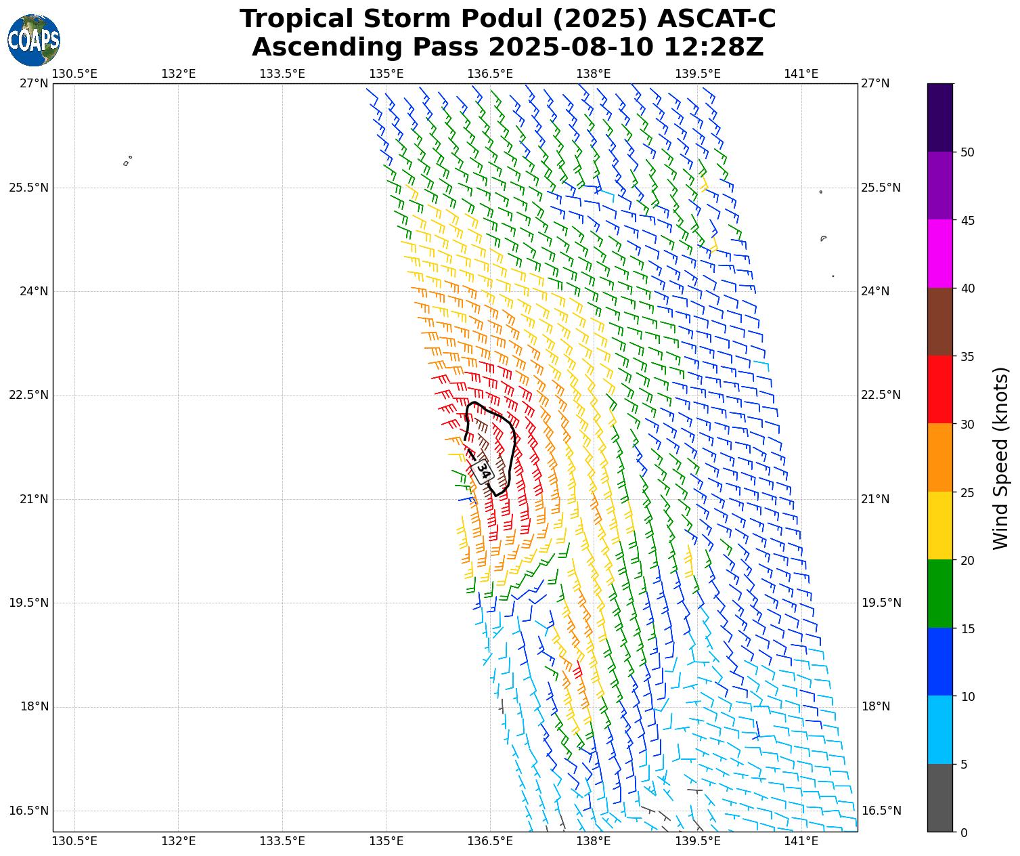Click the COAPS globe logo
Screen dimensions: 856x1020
click(34, 40)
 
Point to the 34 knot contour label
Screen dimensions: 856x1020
click(483, 470)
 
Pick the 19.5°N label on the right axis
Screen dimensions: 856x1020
click(881, 603)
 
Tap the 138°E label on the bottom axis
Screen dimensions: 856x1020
click(594, 842)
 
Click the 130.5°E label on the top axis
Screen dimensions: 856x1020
click(74, 74)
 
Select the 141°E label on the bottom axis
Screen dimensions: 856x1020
click(801, 842)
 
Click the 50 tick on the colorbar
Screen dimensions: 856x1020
click(968, 152)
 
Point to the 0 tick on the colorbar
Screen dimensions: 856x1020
click(964, 833)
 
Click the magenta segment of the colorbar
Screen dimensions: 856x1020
click(939, 254)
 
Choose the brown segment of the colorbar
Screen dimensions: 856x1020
click(939, 322)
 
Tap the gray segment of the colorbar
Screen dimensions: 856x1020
click(939, 798)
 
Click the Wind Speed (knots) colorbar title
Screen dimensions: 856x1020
click(1000, 458)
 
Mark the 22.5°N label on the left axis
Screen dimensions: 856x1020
click(28, 395)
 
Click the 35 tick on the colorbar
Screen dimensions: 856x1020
click(968, 356)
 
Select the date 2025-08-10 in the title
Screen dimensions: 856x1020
click(571, 47)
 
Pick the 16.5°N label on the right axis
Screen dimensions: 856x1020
click(881, 811)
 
